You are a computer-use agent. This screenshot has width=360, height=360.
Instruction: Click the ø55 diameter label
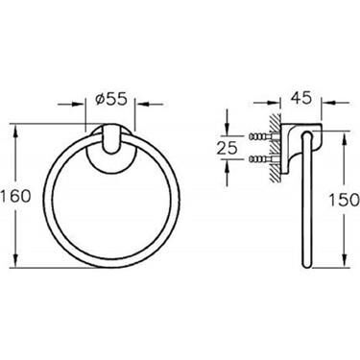pos(111,100)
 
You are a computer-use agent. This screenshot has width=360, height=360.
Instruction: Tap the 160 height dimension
pos(16,196)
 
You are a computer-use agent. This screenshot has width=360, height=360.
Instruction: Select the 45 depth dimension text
pos(301,97)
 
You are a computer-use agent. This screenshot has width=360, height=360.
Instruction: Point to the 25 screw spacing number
pos(228,148)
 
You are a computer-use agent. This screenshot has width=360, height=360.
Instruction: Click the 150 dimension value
pos(345,201)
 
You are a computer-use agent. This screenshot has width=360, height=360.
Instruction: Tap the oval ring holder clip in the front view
pos(110,141)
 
